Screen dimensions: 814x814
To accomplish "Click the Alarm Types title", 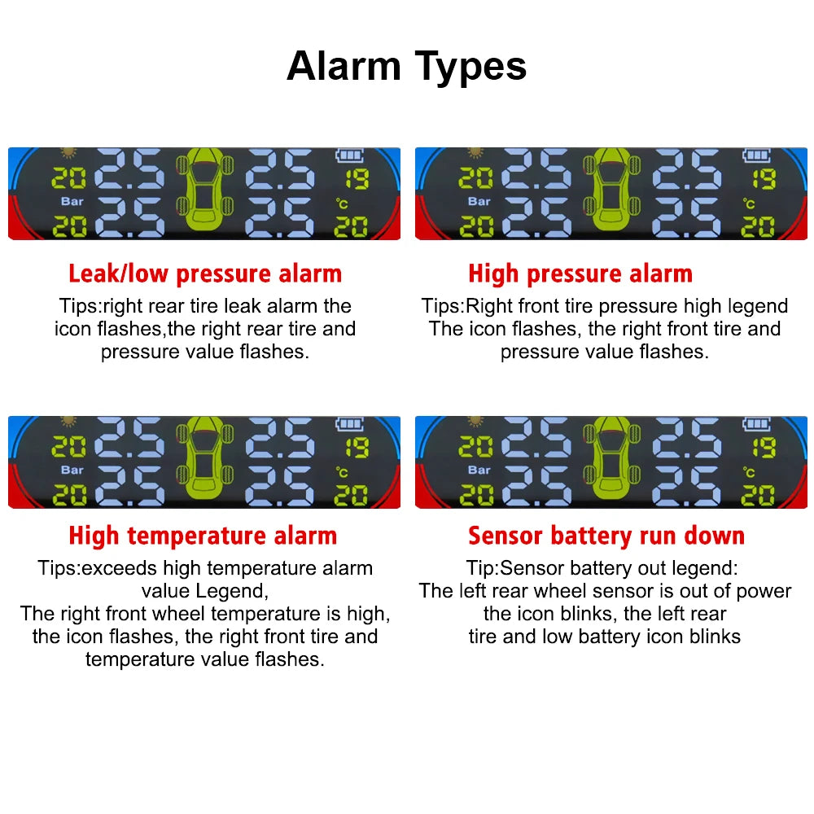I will (x=406, y=66).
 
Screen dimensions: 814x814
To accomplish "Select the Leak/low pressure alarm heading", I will (x=205, y=274).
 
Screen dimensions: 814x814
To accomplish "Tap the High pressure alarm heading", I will (x=580, y=274).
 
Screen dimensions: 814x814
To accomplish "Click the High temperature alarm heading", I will (x=203, y=536).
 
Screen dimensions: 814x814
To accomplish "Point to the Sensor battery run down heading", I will (x=606, y=536).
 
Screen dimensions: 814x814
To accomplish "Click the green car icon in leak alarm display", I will (x=204, y=192).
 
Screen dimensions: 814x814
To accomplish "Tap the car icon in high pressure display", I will (x=610, y=192).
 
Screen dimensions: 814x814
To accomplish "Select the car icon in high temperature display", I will (x=204, y=461).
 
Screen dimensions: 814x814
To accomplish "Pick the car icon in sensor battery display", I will (x=610, y=461).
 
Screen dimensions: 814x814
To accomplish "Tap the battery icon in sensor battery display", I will (x=757, y=424).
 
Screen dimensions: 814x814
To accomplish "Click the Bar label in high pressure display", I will (x=479, y=201).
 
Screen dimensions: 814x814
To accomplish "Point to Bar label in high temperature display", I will (x=72, y=470).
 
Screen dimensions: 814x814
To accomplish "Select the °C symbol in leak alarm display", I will (x=342, y=204).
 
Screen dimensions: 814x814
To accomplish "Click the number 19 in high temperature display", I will (x=356, y=448).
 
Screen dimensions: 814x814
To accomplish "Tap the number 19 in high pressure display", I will (x=763, y=179).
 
